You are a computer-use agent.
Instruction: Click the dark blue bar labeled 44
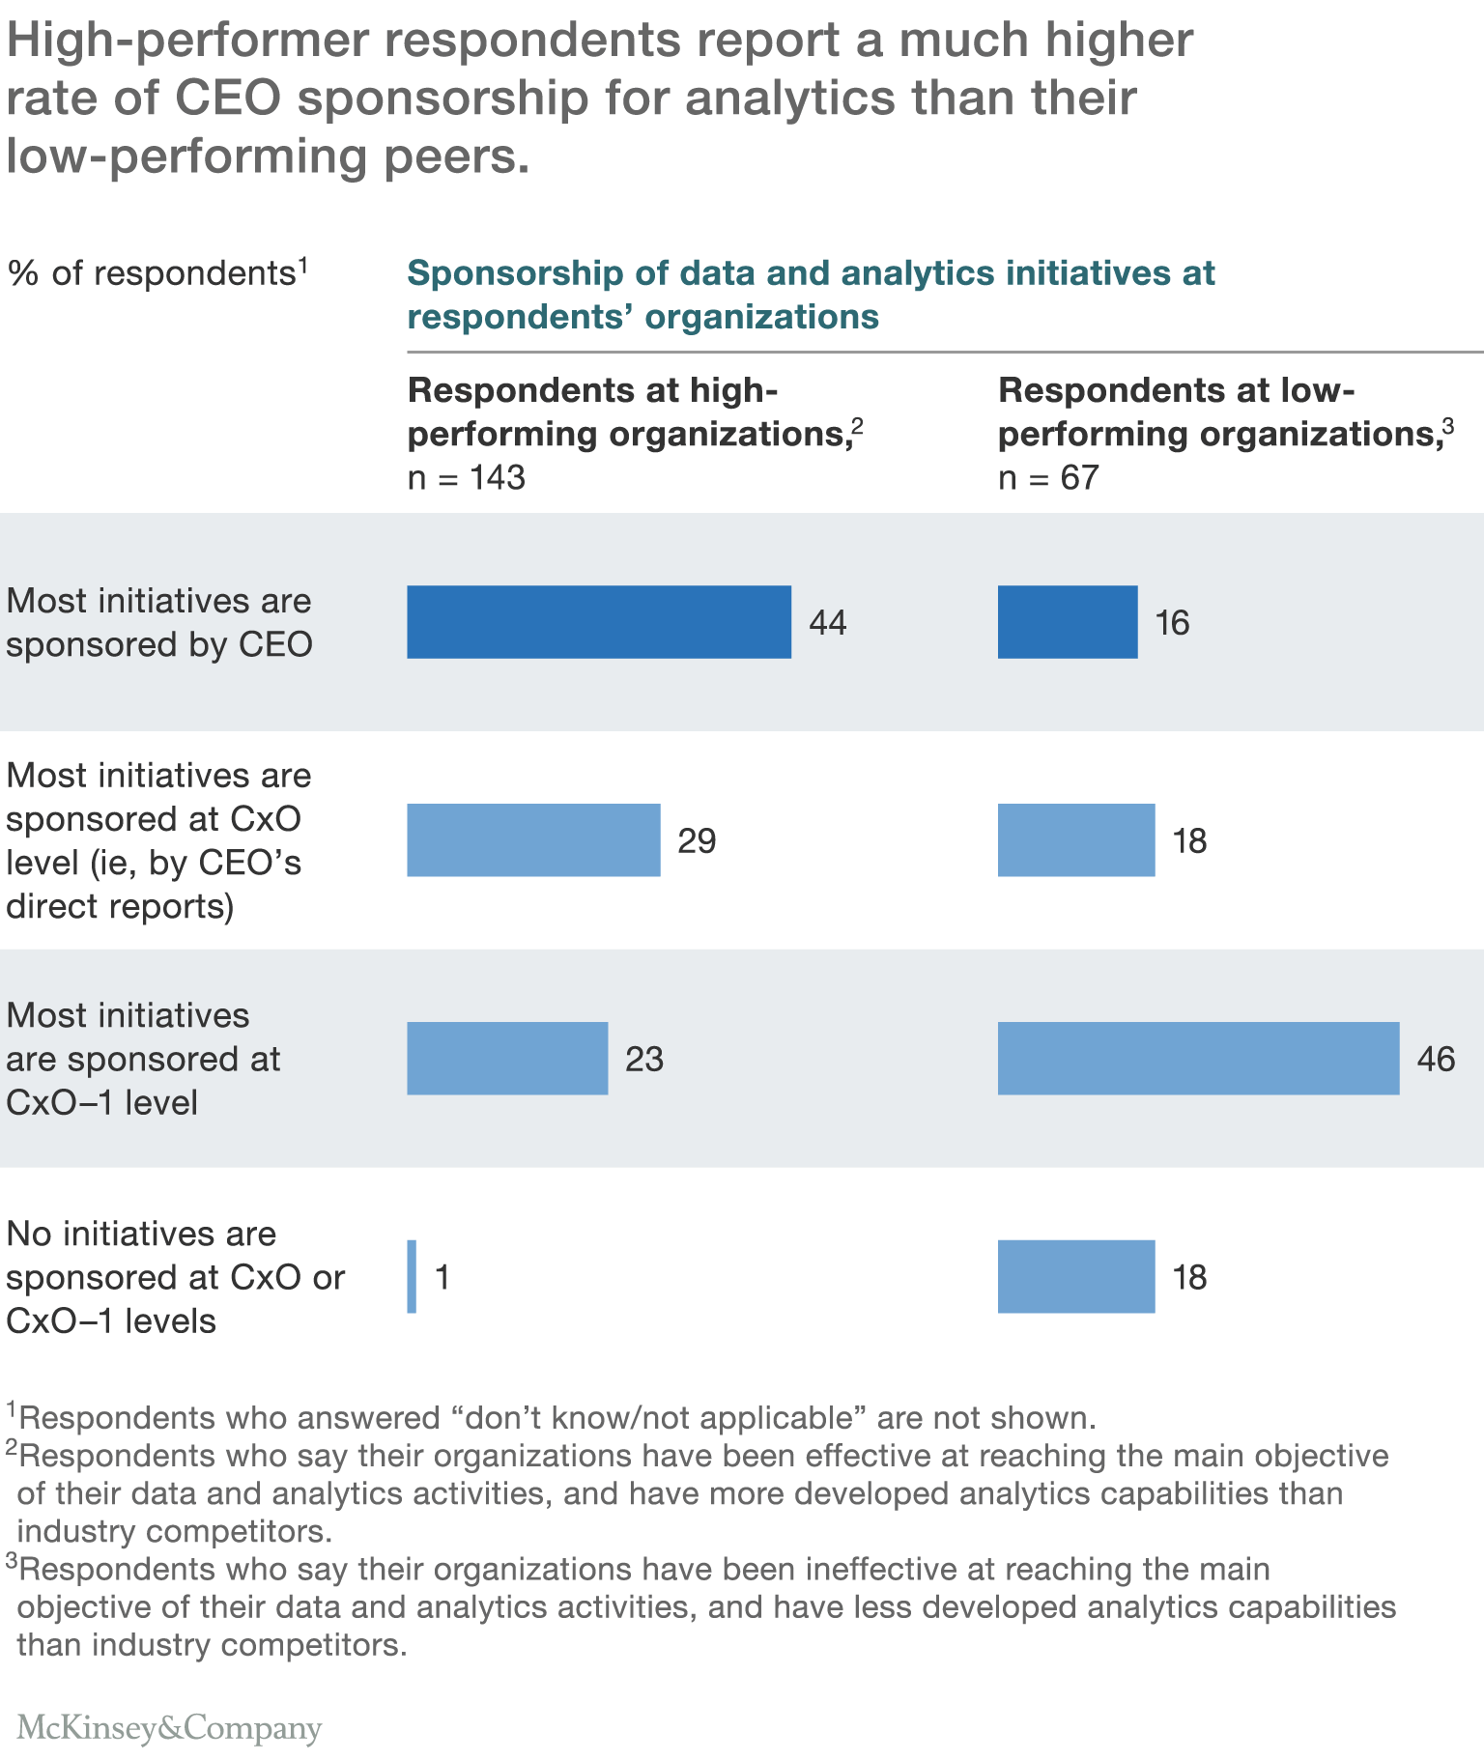click(599, 622)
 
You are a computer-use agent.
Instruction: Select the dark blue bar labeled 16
click(1068, 622)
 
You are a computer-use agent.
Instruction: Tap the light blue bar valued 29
click(533, 840)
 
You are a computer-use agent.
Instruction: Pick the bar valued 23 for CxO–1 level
click(507, 1059)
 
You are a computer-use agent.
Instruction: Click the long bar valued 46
click(1198, 1059)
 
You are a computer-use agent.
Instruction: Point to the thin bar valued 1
click(413, 1277)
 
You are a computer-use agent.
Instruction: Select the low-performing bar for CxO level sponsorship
click(1076, 840)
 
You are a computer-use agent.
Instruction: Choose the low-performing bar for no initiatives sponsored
click(1076, 1277)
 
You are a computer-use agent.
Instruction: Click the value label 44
click(828, 623)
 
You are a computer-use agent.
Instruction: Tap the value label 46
click(1436, 1060)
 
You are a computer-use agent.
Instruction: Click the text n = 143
click(467, 477)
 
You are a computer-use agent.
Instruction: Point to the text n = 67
click(1048, 477)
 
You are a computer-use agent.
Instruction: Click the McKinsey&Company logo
click(169, 1728)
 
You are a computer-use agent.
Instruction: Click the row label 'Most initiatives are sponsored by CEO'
click(159, 622)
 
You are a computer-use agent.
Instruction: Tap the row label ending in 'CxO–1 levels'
click(174, 1277)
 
